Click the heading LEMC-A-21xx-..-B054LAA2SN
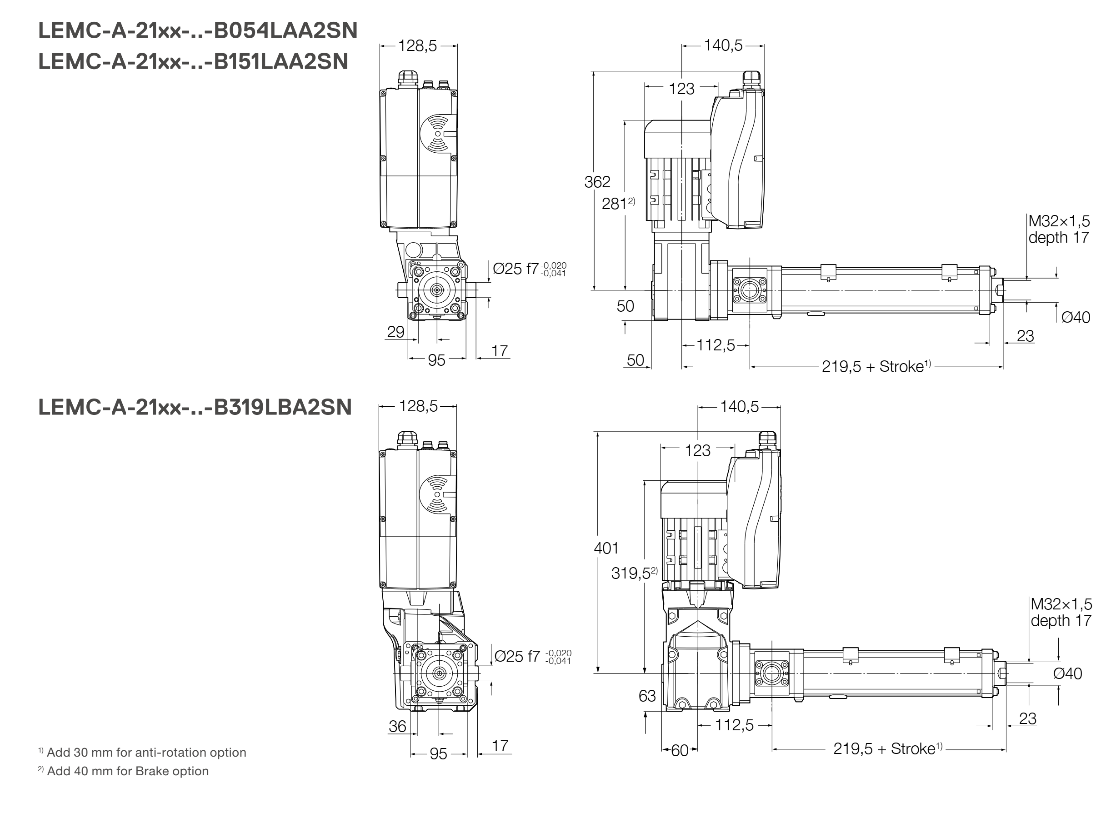coord(198,31)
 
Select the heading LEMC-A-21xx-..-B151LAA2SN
coord(193,62)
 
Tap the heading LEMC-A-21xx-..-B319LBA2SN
coord(195,407)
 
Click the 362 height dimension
coord(597,182)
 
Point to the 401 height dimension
coord(606,548)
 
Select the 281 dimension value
coord(614,204)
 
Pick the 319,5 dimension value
coord(630,573)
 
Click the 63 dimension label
coord(647,696)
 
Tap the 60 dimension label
coord(680,751)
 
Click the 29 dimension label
coord(395,332)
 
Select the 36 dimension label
coord(397,726)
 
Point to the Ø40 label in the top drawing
coord(1076,317)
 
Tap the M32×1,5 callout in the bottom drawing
coord(1061,604)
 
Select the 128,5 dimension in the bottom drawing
coord(418,407)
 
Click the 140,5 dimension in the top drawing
coord(723,45)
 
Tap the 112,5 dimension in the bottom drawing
coord(734,725)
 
